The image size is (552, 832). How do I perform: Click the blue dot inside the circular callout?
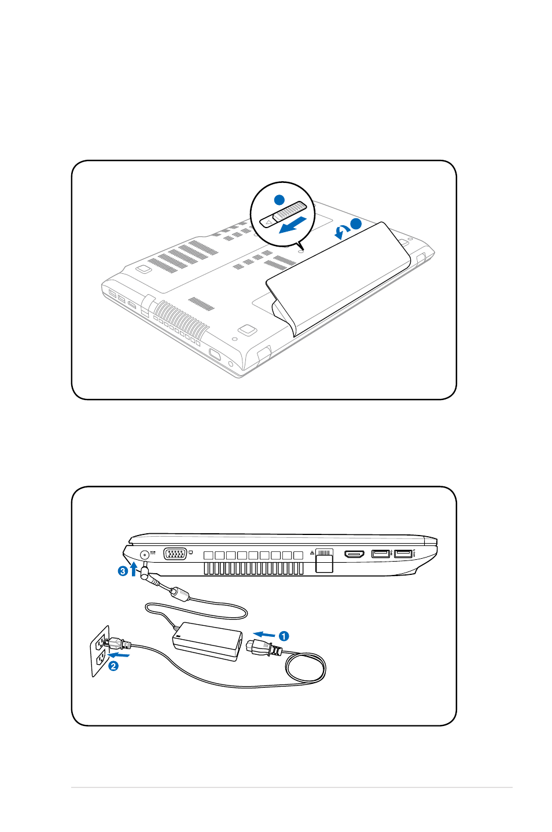(279, 199)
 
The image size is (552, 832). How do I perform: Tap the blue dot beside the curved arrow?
(356, 223)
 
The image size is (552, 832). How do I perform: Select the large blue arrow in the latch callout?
(293, 225)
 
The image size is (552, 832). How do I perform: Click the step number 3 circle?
(123, 571)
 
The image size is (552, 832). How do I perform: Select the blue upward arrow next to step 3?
(134, 569)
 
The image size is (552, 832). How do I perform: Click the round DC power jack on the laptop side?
(145, 555)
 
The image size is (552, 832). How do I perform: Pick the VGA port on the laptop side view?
(175, 554)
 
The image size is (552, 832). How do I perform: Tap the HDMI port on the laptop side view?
(354, 555)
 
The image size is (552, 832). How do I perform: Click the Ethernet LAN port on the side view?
(324, 560)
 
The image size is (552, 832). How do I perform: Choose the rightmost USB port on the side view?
(403, 554)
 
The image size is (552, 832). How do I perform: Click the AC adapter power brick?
(207, 642)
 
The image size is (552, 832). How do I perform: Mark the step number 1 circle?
(284, 636)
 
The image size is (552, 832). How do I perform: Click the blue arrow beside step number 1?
(264, 634)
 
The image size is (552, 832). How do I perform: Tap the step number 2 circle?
(113, 666)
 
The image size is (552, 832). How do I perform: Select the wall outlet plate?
(100, 651)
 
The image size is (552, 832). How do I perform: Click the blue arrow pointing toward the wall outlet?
(119, 654)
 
